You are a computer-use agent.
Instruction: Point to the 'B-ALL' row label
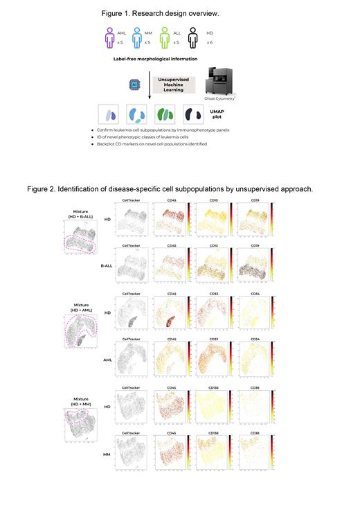pyautogui.click(x=108, y=274)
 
